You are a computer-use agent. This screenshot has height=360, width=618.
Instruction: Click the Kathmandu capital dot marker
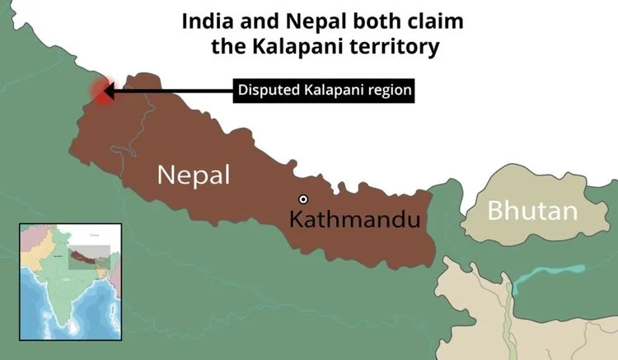tap(303, 199)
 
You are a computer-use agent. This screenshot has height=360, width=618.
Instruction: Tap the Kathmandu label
tap(355, 220)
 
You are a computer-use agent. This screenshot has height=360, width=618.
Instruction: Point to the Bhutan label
tap(531, 211)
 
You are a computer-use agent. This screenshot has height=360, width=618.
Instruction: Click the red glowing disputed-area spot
tap(102, 91)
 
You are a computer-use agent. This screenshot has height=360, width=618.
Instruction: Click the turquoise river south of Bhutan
tap(547, 273)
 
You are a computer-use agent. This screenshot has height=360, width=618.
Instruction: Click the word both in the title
tap(361, 21)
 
